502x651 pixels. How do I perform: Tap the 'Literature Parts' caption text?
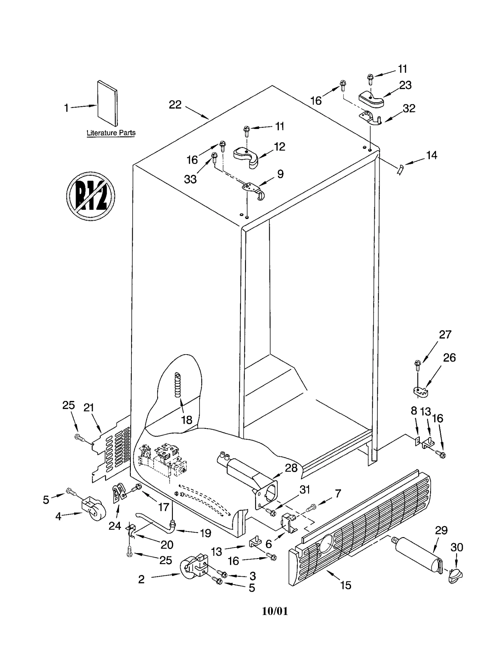111,133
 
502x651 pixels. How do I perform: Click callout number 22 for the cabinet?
175,105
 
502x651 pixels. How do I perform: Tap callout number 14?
431,155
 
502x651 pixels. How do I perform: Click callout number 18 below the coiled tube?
187,420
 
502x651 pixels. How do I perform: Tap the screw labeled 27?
417,365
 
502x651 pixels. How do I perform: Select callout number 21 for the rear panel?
89,408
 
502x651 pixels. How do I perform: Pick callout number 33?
190,179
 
